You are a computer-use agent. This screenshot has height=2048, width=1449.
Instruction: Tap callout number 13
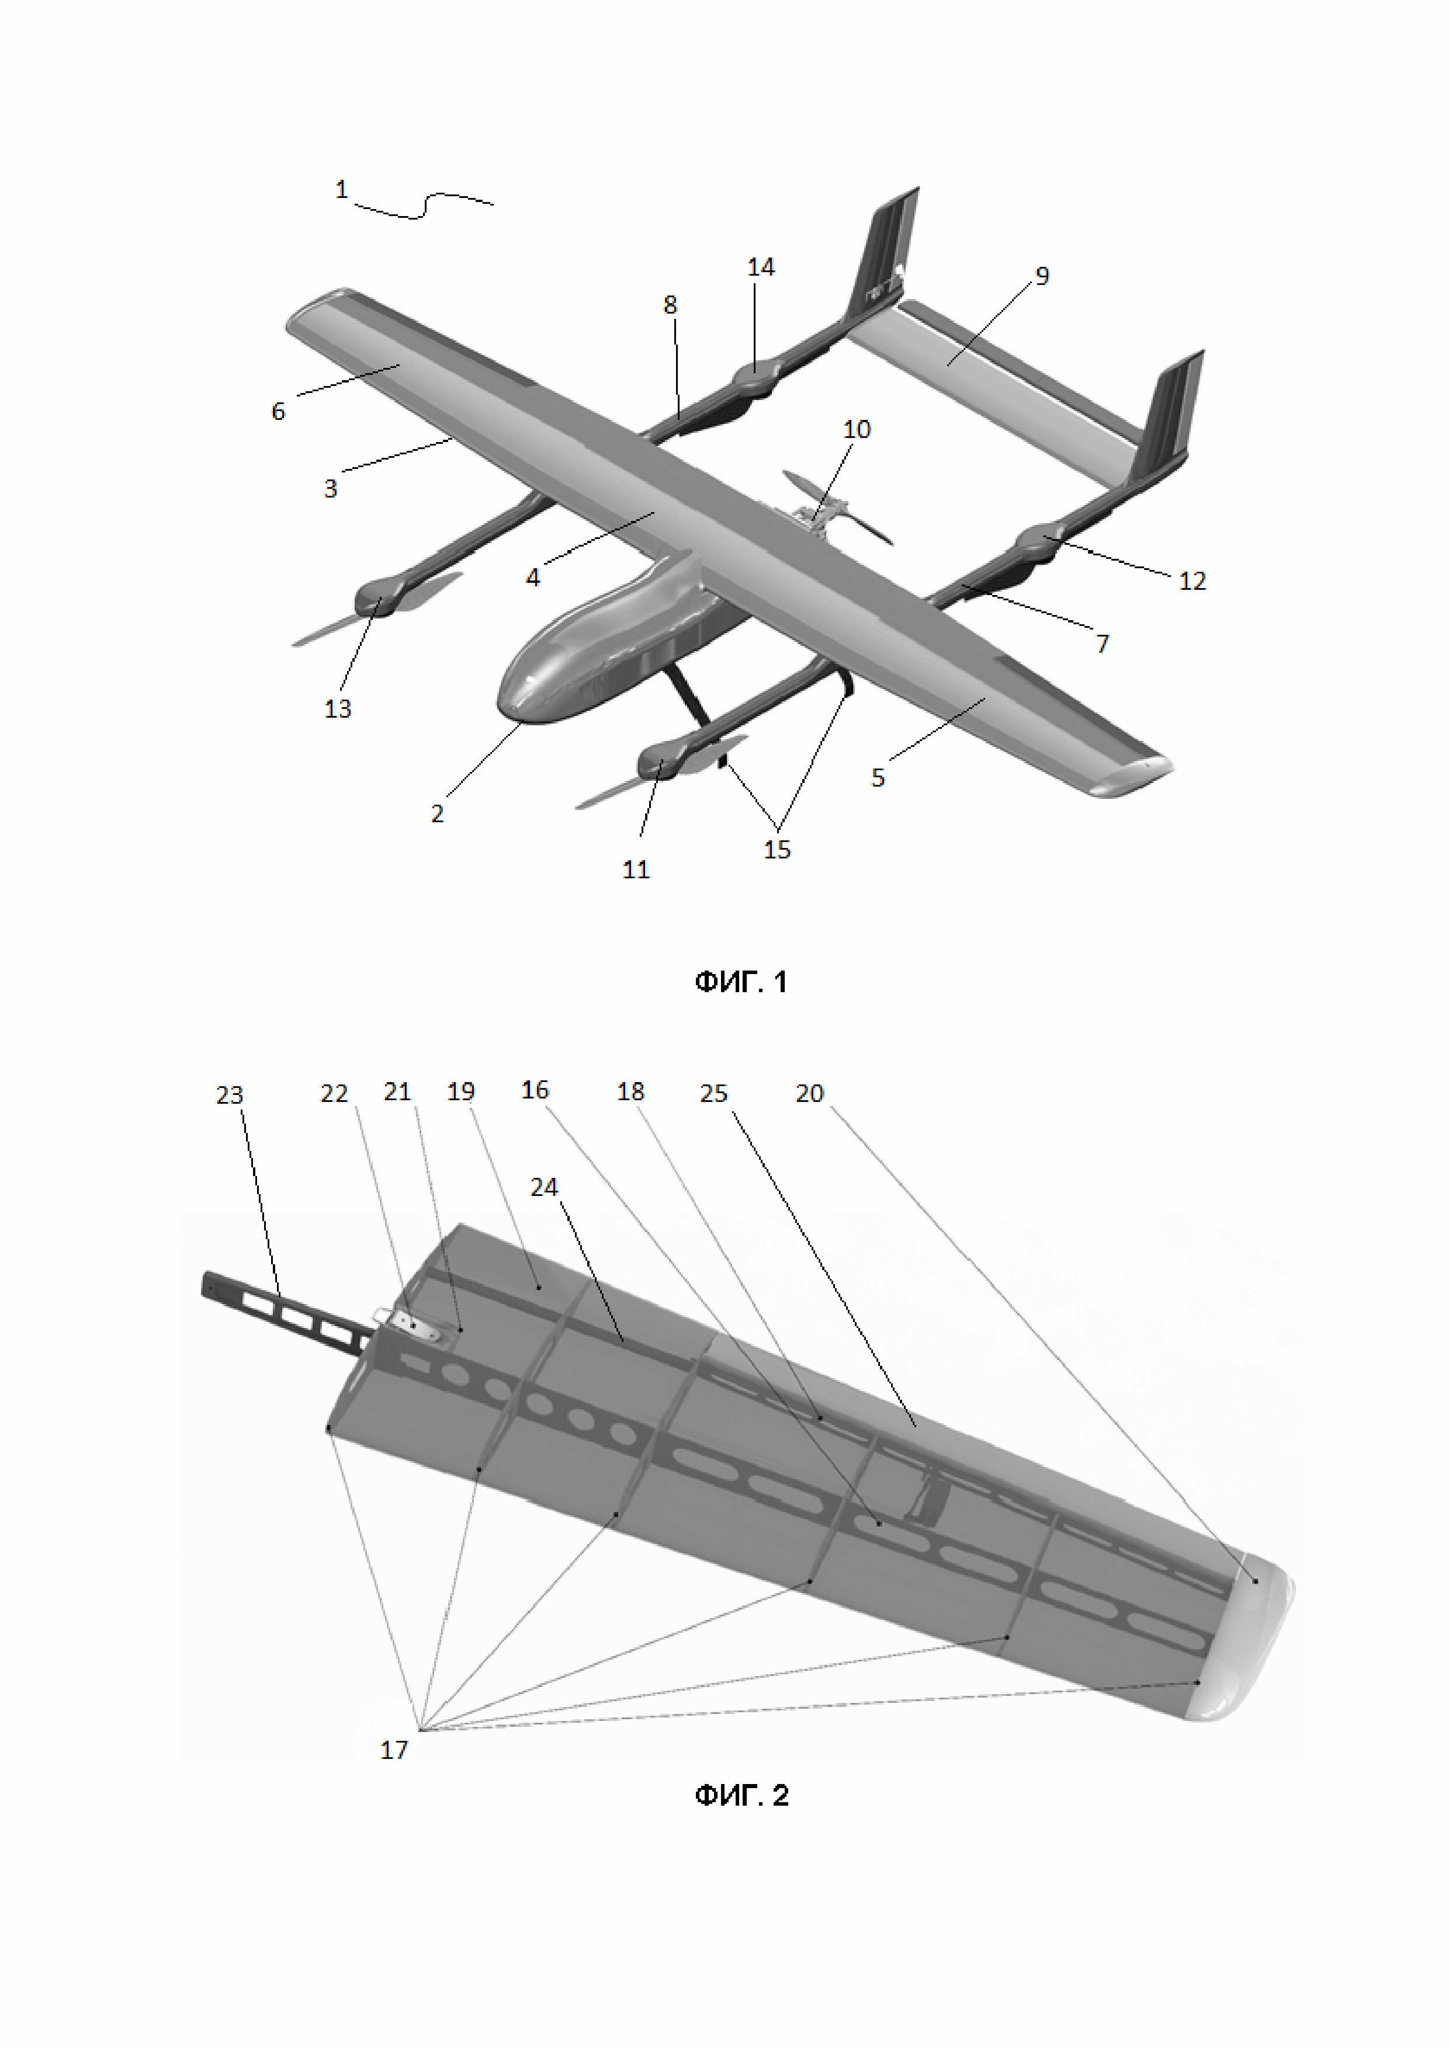(x=337, y=708)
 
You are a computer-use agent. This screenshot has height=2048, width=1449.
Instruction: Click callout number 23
(x=229, y=1094)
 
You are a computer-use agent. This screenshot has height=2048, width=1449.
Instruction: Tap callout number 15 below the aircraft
(x=777, y=849)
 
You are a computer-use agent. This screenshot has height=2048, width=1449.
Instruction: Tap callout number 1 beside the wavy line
(x=341, y=189)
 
